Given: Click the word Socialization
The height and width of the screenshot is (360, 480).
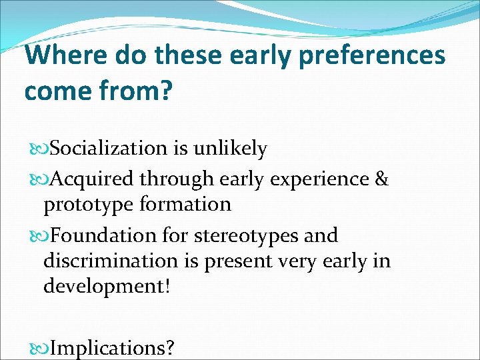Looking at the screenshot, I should click(x=108, y=149).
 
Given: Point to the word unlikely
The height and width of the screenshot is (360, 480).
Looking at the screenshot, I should click(x=230, y=149).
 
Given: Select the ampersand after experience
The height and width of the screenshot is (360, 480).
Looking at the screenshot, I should click(x=382, y=179).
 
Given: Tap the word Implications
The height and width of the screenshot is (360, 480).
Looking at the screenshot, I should click(x=113, y=348).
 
